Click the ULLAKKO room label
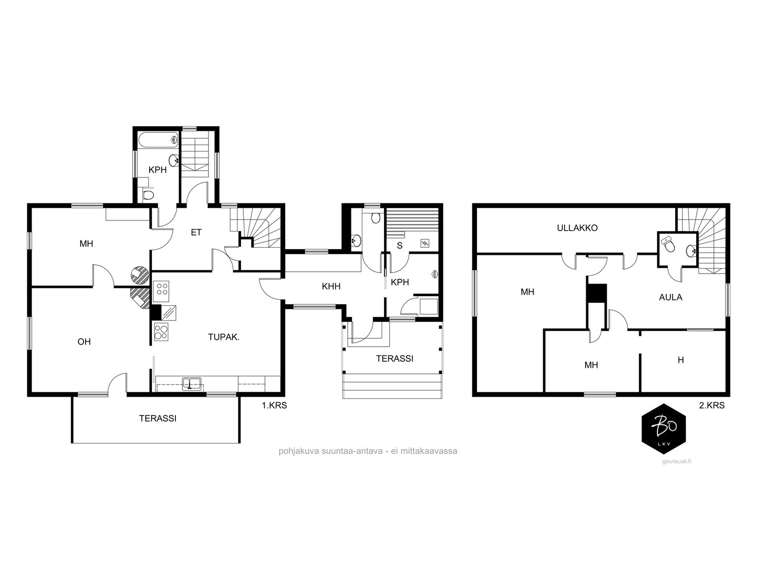pos(577,228)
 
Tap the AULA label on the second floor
pos(670,297)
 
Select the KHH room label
pos(331,287)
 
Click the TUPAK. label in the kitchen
pos(224,337)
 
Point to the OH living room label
pos(84,342)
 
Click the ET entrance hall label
pos(196,232)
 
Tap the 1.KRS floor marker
pos(274,405)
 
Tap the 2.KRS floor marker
pos(711,405)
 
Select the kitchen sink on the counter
pos(192,383)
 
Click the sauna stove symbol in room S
pos(425,243)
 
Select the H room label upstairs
pos(680,360)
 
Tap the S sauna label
pos(399,246)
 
